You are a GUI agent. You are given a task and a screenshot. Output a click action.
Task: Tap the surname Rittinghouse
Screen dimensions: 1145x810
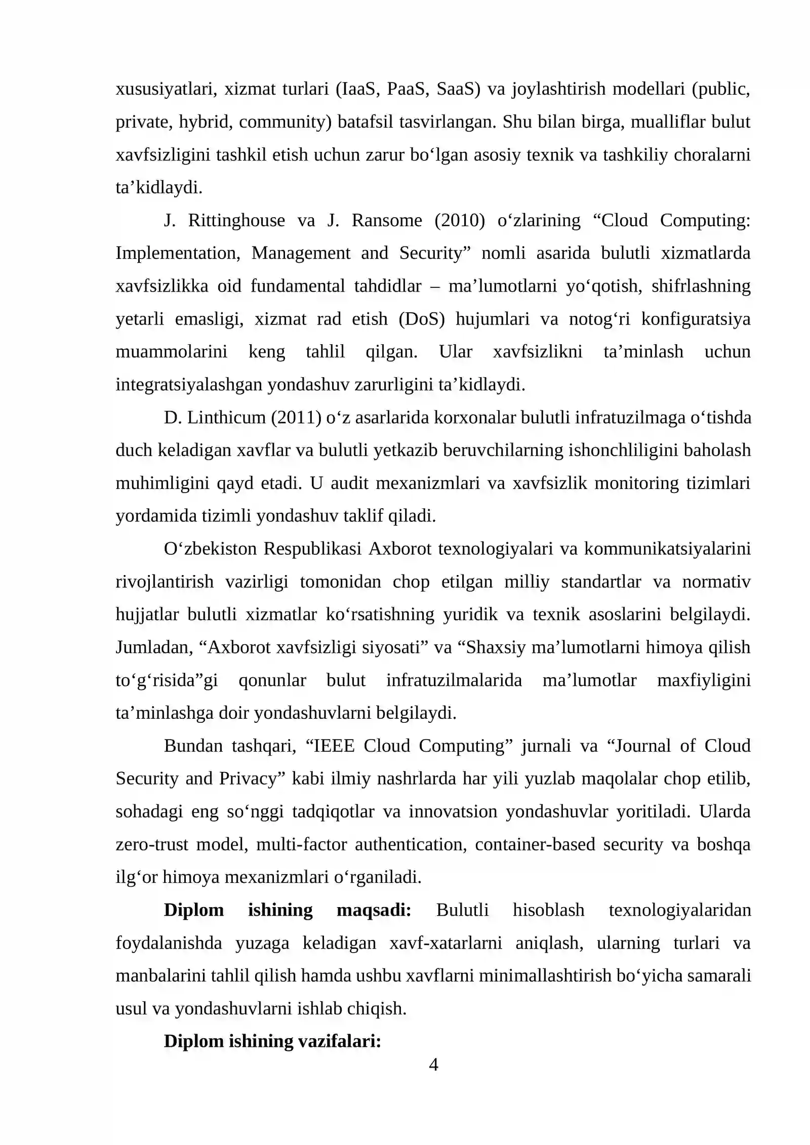236,221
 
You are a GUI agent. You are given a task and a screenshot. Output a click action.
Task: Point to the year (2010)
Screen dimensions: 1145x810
459,221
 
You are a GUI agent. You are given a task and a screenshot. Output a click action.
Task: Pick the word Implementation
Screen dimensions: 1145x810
178,253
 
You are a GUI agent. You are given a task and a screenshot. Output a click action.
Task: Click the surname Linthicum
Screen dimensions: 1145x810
227,418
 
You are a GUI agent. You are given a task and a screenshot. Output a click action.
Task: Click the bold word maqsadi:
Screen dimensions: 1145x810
374,910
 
